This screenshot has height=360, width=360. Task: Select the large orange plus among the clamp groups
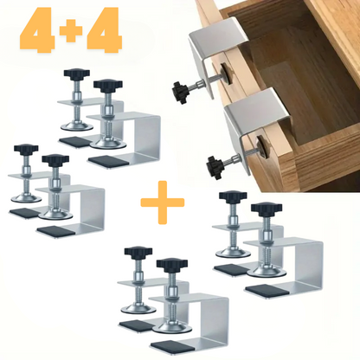click(163, 202)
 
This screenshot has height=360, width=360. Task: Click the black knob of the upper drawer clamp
click(180, 92)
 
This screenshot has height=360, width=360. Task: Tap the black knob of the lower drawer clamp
click(215, 164)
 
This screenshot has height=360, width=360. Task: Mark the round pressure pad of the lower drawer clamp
click(262, 147)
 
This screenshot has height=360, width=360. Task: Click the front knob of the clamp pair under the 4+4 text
click(108, 85)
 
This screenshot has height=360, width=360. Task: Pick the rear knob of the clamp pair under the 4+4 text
click(77, 74)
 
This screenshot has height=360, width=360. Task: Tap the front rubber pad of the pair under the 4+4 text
click(109, 161)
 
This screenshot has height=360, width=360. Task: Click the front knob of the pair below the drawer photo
click(267, 208)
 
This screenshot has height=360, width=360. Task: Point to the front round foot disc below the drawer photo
click(267, 272)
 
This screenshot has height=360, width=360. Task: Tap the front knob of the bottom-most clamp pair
click(172, 263)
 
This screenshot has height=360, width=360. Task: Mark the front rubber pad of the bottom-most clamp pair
click(172, 347)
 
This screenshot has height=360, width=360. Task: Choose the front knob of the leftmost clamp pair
click(55, 159)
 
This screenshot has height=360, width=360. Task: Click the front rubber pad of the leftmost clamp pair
click(57, 230)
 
